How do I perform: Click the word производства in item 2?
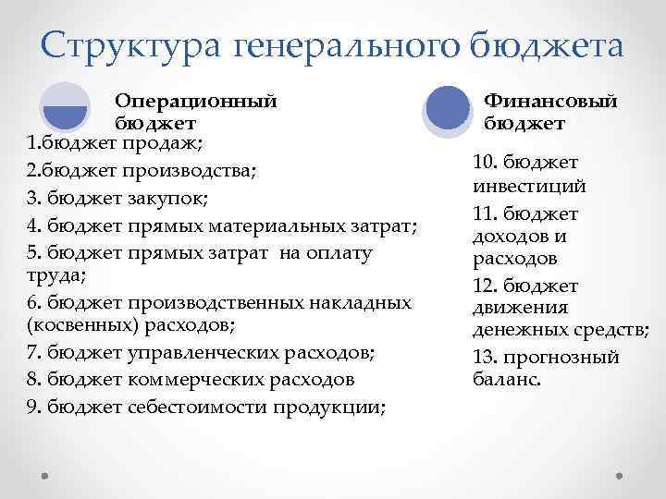201,170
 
